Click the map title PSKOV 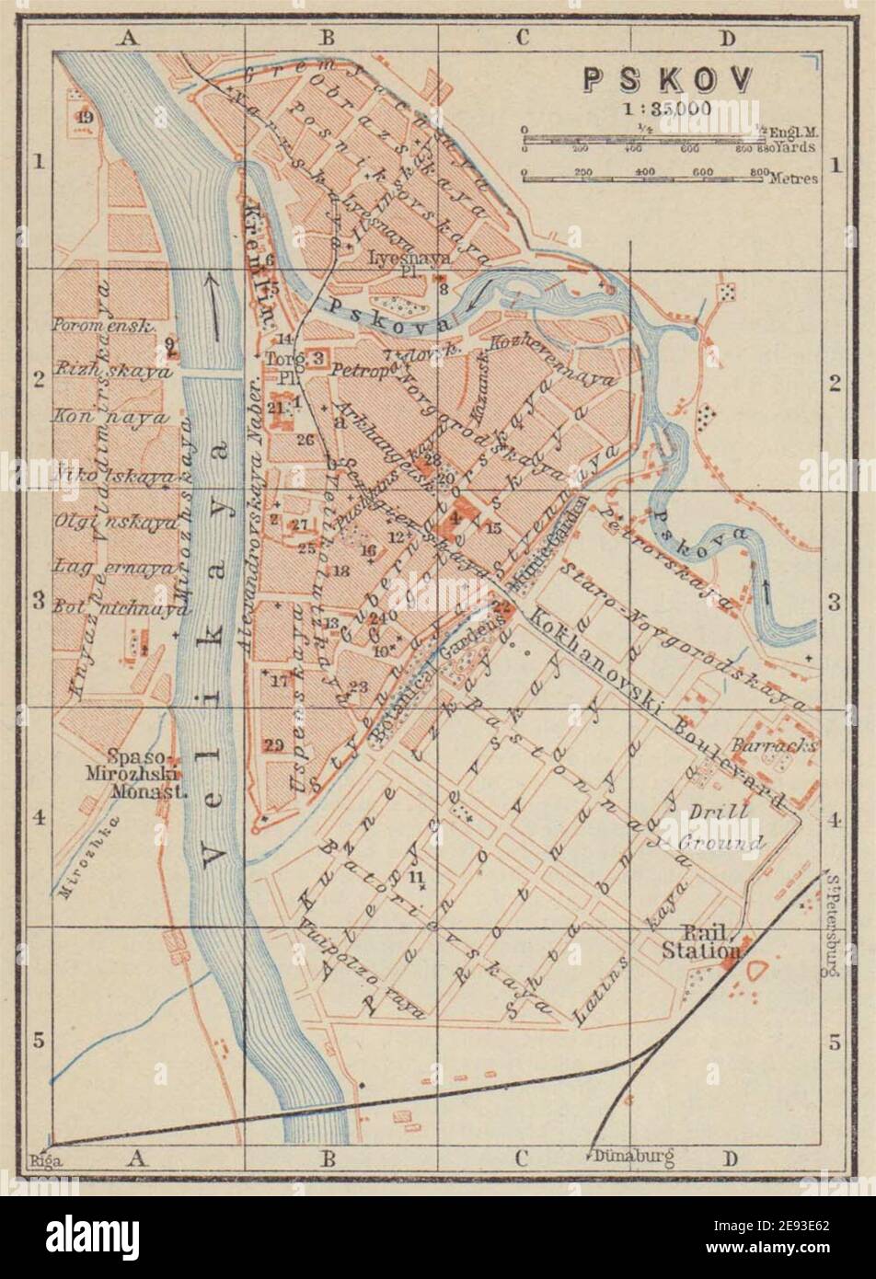(668, 79)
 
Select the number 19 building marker (86, 118)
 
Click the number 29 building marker (273, 745)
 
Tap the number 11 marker (419, 875)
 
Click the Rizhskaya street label (112, 373)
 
